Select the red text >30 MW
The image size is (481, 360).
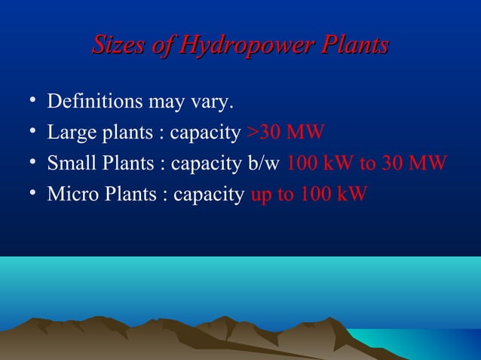tap(286, 133)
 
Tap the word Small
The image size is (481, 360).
tap(69, 163)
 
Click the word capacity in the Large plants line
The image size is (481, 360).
tap(205, 134)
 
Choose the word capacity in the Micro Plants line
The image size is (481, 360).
tap(208, 195)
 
